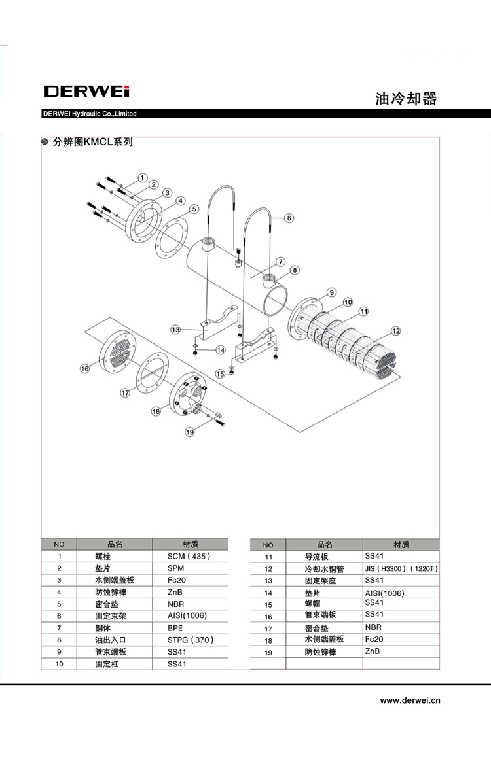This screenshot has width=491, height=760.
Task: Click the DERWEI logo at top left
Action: coord(86,91)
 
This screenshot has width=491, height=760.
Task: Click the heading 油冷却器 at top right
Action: coord(406,99)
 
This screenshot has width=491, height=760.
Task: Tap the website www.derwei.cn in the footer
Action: coord(410,700)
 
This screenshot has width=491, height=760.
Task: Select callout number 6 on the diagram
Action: coord(289,218)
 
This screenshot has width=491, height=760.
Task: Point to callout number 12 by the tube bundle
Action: coord(395,331)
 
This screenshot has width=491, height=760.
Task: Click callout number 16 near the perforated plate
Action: coord(84,369)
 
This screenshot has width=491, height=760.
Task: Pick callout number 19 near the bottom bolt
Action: coord(190,432)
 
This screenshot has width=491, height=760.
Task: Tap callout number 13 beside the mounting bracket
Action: coord(175,330)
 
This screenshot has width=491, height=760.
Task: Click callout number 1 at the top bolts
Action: coord(143,177)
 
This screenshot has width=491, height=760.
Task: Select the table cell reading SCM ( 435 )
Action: coord(189,556)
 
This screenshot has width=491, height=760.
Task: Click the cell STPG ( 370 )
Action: coord(191,640)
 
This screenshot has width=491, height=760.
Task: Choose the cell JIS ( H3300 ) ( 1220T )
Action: coord(401,568)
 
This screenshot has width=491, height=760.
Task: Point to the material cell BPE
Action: coord(175,627)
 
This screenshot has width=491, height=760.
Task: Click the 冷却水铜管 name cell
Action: coord(325,569)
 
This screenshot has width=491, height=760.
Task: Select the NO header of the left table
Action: coord(59,544)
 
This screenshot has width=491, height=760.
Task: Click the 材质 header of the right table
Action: coord(401,544)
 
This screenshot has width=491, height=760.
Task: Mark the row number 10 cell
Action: coord(59,664)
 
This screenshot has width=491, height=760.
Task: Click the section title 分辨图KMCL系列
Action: coord(92,141)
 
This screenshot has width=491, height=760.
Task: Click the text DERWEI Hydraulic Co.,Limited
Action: coord(90,114)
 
